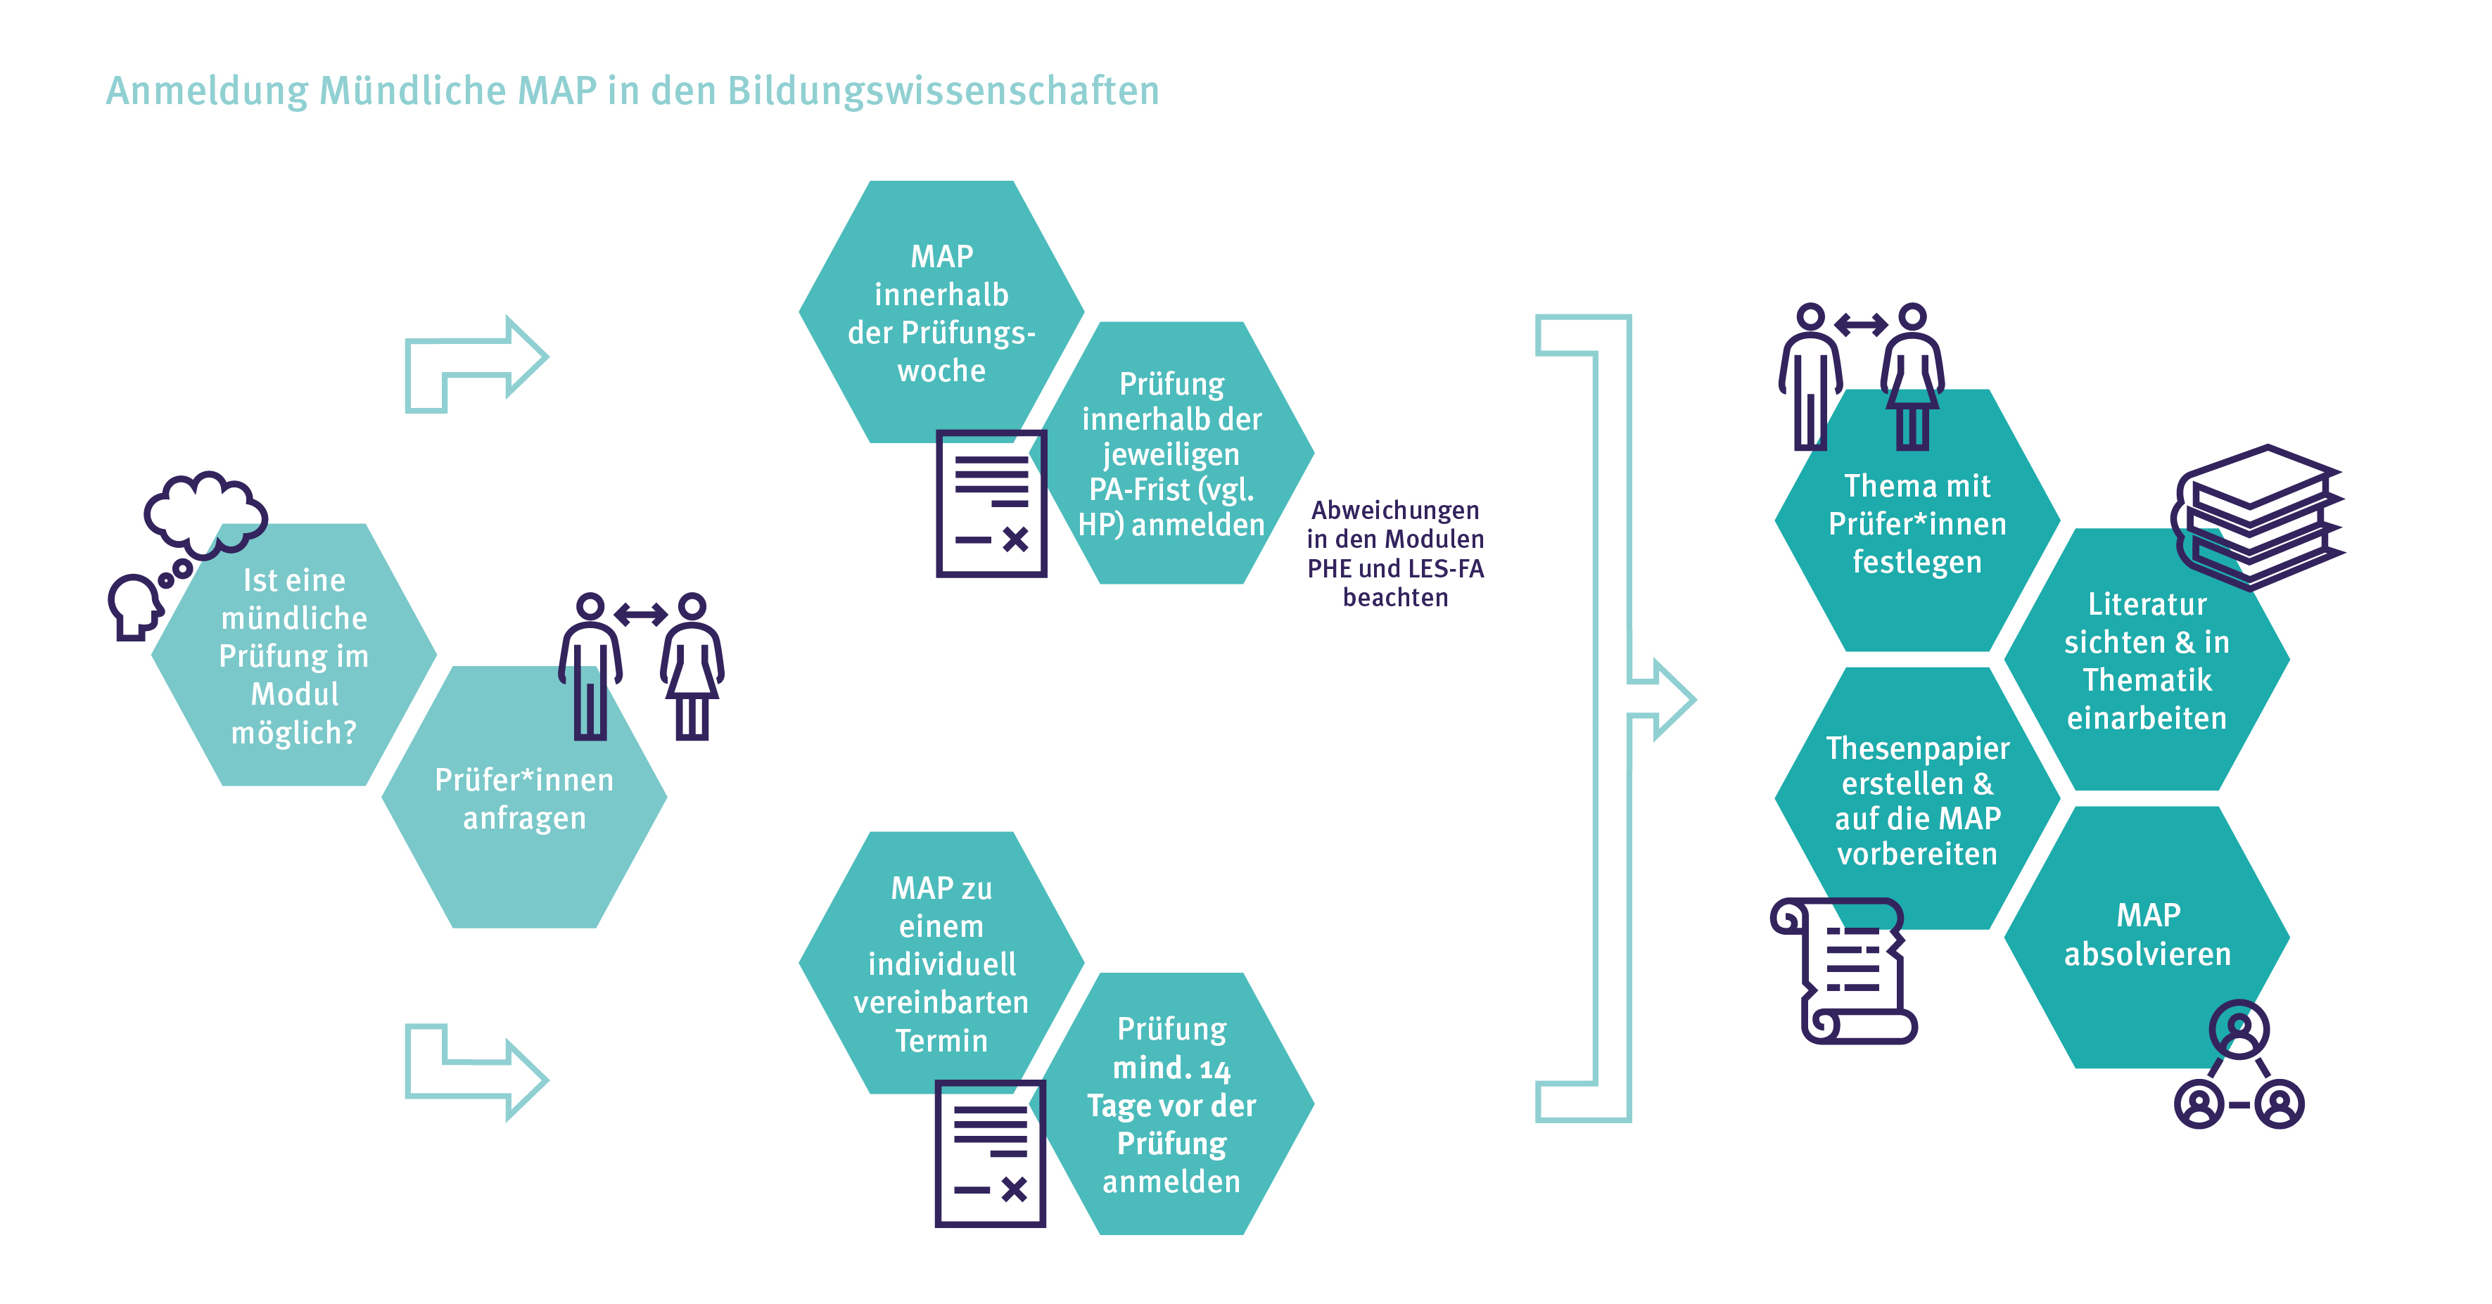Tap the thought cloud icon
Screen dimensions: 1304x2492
coord(205,510)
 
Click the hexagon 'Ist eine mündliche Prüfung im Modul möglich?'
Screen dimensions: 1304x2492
coord(294,656)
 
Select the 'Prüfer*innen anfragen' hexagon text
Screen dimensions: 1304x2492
coord(523,799)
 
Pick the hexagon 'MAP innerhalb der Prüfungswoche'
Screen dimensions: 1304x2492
coord(941,312)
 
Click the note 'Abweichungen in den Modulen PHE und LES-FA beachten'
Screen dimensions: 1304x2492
coord(1395,554)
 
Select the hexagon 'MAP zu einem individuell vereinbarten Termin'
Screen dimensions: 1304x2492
coord(941,964)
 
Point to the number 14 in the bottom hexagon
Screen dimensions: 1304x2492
coord(1214,1069)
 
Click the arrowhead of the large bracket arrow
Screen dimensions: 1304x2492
coord(1669,699)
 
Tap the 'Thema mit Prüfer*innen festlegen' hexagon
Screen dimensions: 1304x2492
coord(1916,523)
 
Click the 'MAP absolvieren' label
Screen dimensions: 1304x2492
coord(2147,935)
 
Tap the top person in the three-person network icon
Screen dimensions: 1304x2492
coord(2239,1029)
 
